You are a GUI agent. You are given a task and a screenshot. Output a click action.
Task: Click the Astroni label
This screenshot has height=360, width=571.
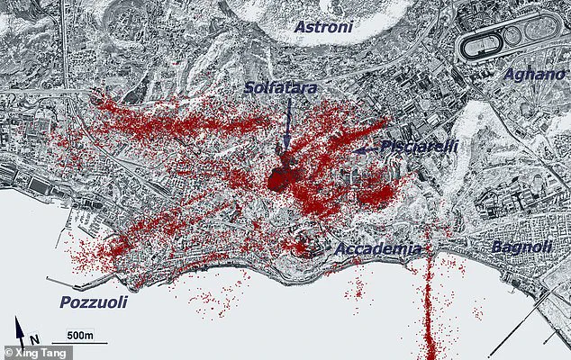(326, 28)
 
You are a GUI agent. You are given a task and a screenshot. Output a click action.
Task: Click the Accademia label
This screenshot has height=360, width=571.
(378, 248)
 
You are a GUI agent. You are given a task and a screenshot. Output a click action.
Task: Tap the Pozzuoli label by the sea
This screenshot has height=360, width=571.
(94, 302)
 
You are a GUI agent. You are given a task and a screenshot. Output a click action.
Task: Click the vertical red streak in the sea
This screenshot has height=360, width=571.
(431, 306)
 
